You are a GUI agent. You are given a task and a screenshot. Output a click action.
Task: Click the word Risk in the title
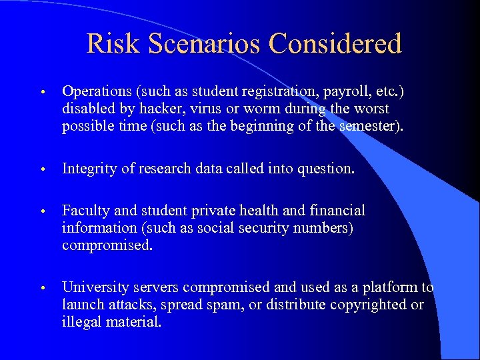pos(113,44)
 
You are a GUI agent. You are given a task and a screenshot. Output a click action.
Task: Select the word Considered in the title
pos(335,44)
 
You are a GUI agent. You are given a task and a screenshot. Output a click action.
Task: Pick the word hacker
pos(151,108)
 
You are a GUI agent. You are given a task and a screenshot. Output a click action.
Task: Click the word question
pos(325,169)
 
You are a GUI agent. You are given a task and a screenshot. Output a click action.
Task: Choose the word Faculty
pos(87,211)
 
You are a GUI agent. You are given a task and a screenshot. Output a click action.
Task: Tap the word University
pos(93,287)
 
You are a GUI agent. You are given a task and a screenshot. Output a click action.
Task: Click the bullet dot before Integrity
pos(42,169)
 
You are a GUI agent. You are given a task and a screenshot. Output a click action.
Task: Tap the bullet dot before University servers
pos(42,288)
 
